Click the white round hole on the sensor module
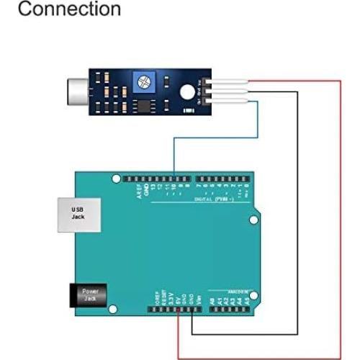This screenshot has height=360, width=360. point(186,91)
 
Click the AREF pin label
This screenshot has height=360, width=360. point(140,192)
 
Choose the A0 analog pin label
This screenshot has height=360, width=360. point(212,298)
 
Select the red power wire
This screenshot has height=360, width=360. point(340,216)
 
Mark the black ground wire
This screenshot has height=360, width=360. point(297,216)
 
